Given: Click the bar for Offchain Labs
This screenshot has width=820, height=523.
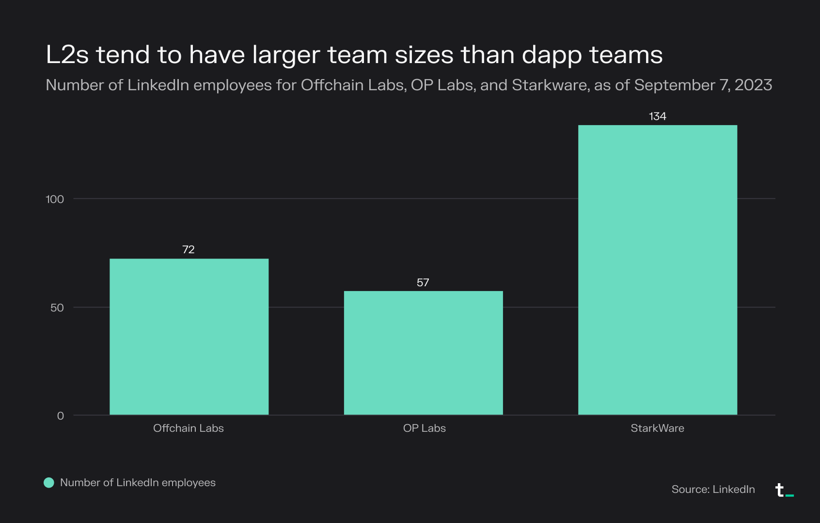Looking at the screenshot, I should pos(189,337).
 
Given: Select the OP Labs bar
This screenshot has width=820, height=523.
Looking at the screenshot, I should pos(423,353).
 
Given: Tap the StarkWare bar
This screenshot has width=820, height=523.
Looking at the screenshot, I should pos(658,270).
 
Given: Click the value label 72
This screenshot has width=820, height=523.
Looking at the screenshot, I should pos(189,249).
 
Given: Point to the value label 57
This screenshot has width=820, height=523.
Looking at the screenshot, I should pos(423,282).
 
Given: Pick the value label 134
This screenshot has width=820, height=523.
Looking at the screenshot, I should pos(658,116).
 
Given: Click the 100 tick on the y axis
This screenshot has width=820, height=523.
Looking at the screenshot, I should pos(55,199).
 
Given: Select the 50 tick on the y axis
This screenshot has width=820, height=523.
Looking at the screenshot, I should pos(57,308).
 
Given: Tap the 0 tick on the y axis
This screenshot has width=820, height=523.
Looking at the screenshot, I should pos(61,416).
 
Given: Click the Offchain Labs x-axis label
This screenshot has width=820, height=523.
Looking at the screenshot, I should pos(189,428).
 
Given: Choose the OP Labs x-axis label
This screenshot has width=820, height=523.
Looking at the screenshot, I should pos(424,428).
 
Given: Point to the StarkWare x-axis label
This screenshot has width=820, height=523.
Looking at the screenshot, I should pos(657,428).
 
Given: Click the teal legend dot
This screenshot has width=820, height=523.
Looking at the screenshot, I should pos(49,483).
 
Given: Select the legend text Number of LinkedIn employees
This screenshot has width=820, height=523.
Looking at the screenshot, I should pos(138,483).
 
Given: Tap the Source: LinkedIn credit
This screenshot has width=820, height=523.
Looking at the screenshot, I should pos(713,489).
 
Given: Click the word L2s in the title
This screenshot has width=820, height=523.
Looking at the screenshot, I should pos(67,54).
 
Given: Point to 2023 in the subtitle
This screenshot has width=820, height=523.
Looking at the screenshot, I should pos(753,85).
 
